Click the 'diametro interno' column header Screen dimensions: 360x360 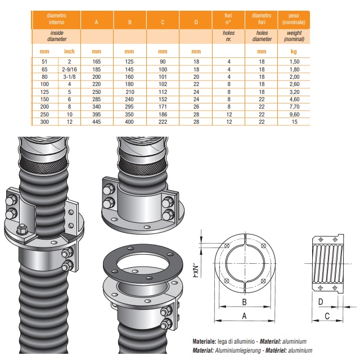(x=56, y=19)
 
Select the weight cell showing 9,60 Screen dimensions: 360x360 (x=295, y=114)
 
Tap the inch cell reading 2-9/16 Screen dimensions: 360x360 (x=69, y=69)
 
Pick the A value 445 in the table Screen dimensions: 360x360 (x=96, y=121)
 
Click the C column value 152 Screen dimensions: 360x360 (x=163, y=99)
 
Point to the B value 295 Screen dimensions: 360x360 (x=129, y=106)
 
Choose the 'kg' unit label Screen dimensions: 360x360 (x=294, y=51)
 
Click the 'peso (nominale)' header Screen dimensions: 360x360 (x=294, y=19)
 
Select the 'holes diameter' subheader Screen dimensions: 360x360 (x=262, y=36)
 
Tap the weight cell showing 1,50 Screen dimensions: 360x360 (x=295, y=61)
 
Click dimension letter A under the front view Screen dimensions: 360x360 (x=244, y=316)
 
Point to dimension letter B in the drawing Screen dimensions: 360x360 (x=245, y=302)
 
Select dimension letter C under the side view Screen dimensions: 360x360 (x=327, y=316)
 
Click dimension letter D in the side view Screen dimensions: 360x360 (x=321, y=301)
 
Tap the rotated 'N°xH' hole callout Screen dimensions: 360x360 (x=195, y=271)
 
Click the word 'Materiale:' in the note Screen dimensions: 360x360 (x=204, y=341)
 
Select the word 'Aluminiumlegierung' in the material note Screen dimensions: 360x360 (x=238, y=350)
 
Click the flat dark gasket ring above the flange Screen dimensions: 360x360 (x=143, y=262)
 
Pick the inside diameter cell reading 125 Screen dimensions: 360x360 (x=44, y=92)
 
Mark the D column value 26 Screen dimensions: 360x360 (x=196, y=106)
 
